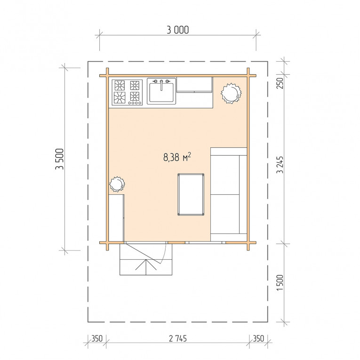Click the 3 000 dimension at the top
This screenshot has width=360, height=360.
click(x=178, y=30)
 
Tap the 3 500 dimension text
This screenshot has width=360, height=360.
click(x=59, y=159)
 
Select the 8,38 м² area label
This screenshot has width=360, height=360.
click(x=177, y=157)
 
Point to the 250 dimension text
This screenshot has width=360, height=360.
click(x=280, y=83)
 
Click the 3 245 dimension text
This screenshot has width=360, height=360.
click(x=280, y=165)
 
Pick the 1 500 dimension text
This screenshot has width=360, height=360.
click(x=280, y=283)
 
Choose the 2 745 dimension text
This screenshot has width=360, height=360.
click(x=178, y=338)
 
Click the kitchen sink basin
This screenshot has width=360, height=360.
click(x=161, y=93)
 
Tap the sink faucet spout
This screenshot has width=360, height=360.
click(x=161, y=85)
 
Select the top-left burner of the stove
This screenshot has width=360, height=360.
click(x=120, y=85)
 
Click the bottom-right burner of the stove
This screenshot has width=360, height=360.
click(x=135, y=96)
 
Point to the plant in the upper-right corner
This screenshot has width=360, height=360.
click(x=231, y=93)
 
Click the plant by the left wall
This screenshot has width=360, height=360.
click(x=117, y=184)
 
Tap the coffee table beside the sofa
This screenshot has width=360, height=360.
click(x=191, y=194)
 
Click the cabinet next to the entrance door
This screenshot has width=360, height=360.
click(x=116, y=218)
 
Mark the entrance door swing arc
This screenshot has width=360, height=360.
click(x=163, y=254)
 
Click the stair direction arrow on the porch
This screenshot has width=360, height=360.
click(x=146, y=266)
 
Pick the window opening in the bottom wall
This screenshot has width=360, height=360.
click(x=205, y=242)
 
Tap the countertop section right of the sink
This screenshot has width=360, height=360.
click(x=194, y=85)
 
